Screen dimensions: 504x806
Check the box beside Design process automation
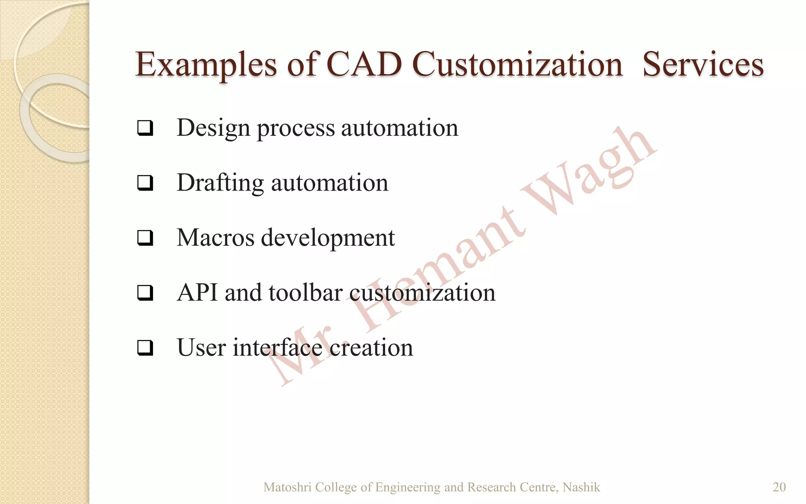(145, 128)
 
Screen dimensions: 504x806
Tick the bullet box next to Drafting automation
(145, 183)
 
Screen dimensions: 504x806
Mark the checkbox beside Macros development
(145, 238)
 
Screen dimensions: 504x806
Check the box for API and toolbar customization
(145, 293)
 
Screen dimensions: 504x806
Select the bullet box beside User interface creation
(145, 348)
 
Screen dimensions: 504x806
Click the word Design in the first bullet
(213, 128)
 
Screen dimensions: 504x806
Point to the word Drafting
(220, 183)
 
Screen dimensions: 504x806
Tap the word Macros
(215, 238)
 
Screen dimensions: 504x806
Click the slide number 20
(779, 487)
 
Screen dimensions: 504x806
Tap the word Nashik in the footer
(581, 487)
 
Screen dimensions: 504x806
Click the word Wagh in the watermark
(586, 173)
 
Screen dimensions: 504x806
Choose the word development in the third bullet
(327, 238)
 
